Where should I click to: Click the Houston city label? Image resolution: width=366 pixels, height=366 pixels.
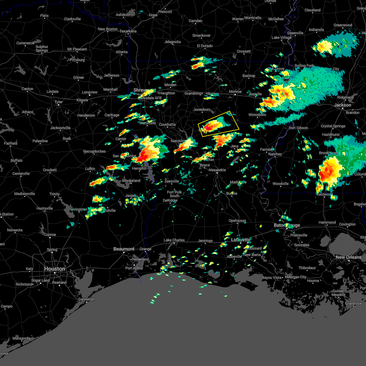(x=55, y=269)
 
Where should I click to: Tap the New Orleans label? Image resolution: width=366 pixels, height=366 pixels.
(x=348, y=257)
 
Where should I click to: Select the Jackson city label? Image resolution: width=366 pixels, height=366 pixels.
(x=343, y=105)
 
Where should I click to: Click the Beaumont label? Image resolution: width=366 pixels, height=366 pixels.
(x=124, y=249)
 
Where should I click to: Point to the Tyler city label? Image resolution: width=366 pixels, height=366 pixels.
(x=59, y=102)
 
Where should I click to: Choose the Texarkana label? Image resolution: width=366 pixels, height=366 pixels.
(x=128, y=31)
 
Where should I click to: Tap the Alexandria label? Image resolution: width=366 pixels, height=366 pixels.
(x=217, y=170)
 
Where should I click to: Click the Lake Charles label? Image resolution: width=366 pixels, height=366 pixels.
(x=174, y=240)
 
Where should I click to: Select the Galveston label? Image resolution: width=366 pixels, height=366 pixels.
(x=86, y=299)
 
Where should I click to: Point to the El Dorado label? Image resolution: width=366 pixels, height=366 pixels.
(x=205, y=46)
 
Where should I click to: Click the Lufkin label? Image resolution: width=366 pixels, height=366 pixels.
(x=90, y=169)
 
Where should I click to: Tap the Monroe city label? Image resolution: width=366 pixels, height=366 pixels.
(x=235, y=91)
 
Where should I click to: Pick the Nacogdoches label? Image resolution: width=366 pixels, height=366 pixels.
(x=95, y=151)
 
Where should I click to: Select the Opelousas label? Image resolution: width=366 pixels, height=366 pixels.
(x=237, y=221)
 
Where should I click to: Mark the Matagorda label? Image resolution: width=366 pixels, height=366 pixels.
(x=21, y=338)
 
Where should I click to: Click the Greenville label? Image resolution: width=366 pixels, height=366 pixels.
(x=295, y=33)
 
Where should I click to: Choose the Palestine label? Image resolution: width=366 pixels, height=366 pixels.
(x=40, y=141)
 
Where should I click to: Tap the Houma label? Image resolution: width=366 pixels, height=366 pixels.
(x=313, y=281)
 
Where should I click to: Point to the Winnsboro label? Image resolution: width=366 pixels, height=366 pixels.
(x=257, y=115)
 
